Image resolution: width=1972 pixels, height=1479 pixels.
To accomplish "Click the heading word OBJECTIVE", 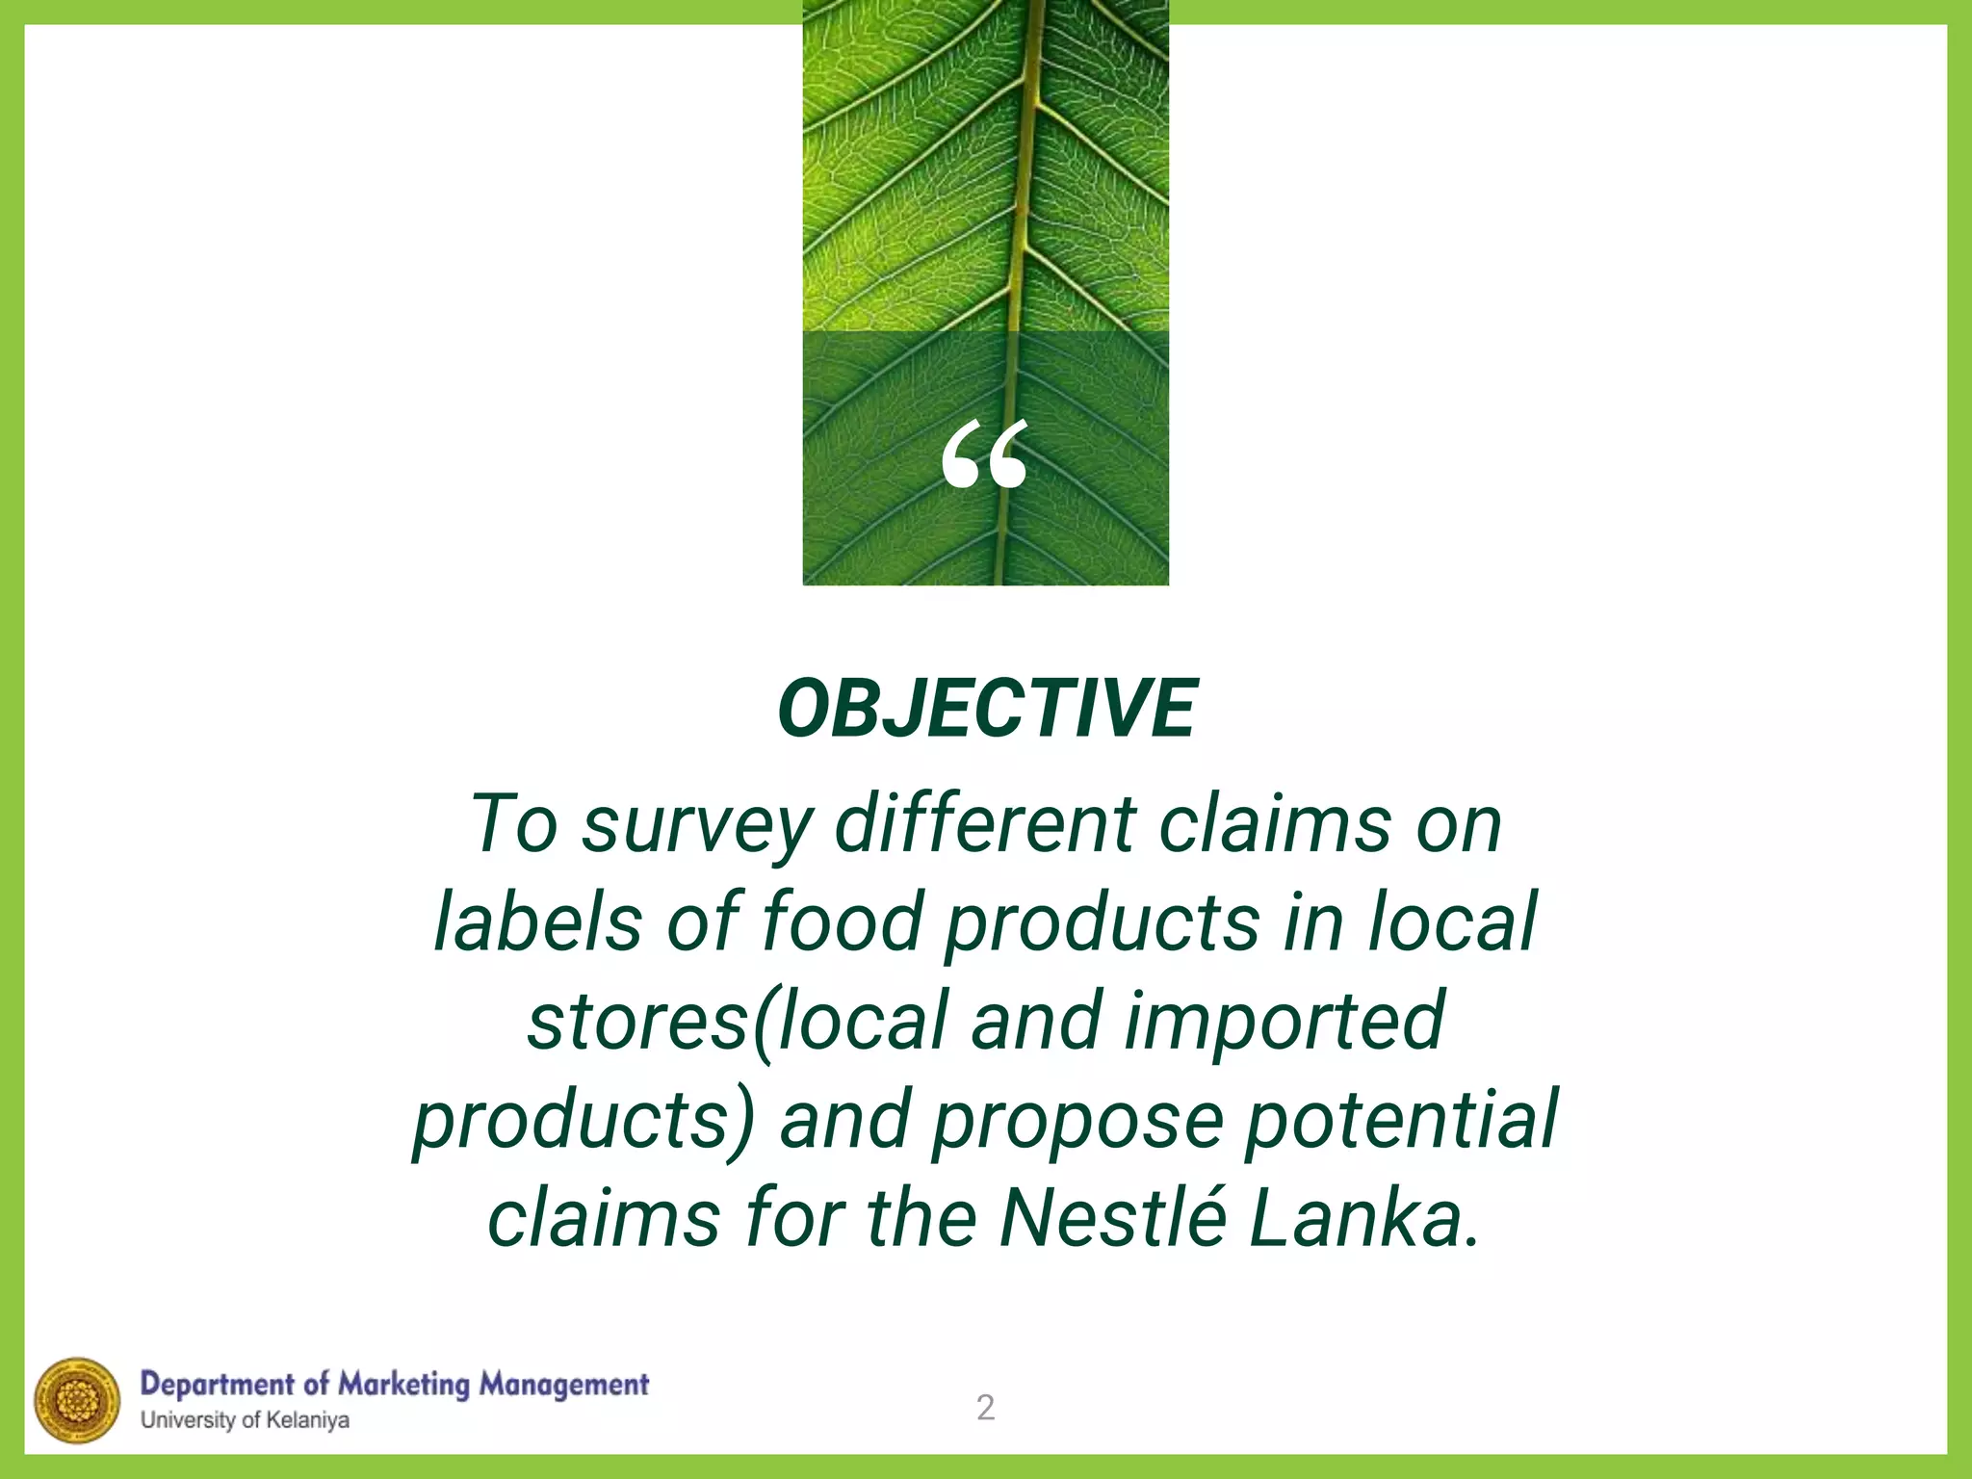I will click(987, 709).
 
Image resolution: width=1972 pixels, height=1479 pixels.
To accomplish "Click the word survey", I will click(697, 826).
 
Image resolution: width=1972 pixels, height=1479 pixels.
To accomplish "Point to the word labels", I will click(537, 922).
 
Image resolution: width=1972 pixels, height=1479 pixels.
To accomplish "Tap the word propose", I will click(1077, 1122).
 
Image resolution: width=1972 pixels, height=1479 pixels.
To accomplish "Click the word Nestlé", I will click(1112, 1218).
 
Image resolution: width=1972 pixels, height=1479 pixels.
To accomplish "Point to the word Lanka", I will click(1362, 1218).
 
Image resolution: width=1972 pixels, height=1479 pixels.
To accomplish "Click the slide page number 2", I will click(985, 1408).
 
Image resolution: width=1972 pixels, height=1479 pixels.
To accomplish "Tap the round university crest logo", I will click(77, 1401).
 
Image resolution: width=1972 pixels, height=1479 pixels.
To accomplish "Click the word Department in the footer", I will click(217, 1386).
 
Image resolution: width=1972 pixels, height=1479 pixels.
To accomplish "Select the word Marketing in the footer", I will click(403, 1386).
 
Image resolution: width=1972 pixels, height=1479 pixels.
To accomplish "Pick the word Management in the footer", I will click(564, 1386).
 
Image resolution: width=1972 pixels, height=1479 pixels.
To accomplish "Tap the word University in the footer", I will click(188, 1420).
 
